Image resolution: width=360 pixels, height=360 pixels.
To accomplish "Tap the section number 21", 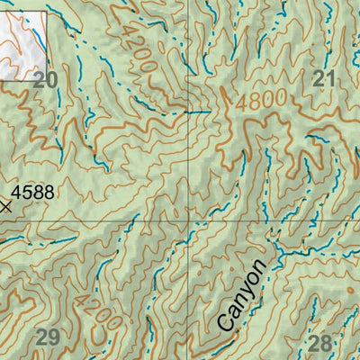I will [x=323, y=79].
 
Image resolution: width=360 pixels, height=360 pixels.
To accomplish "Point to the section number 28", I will [x=319, y=342].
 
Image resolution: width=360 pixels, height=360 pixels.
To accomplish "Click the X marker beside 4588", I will [x=7, y=206].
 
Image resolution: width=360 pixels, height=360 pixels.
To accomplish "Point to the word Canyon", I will [x=243, y=295].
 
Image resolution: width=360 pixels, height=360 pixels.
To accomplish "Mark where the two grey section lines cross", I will [x=188, y=219].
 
